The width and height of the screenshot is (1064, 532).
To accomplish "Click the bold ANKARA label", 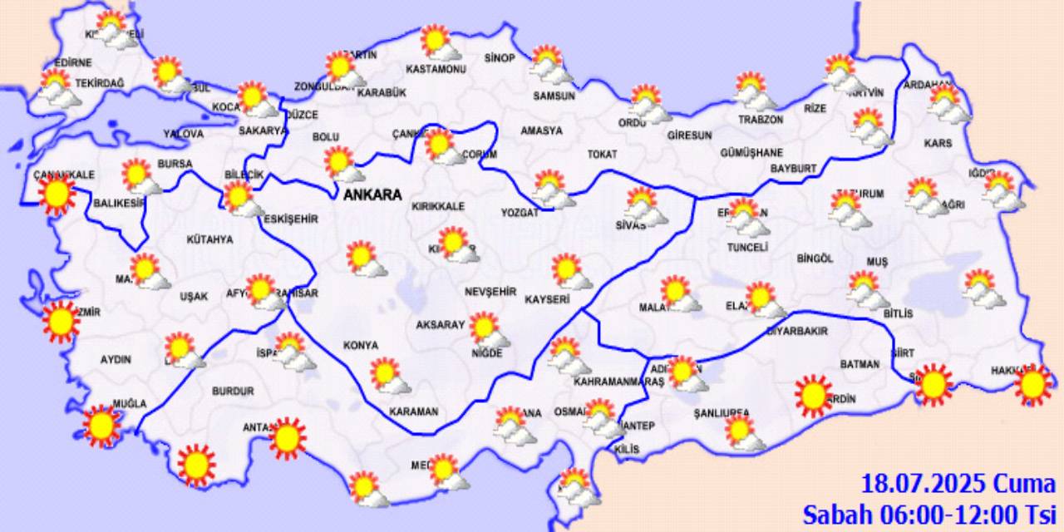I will [372, 195].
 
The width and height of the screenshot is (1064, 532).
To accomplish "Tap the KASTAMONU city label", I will [436, 69].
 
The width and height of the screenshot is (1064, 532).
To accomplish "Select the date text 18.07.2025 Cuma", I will [958, 484].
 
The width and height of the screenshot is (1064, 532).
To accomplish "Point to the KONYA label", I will [361, 345].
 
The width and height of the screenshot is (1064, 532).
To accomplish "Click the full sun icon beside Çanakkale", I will [57, 195].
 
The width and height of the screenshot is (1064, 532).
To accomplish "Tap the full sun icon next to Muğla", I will [102, 426].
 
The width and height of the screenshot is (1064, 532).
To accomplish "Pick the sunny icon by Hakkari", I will [1032, 384].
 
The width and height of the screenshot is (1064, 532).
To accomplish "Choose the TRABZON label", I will [761, 120].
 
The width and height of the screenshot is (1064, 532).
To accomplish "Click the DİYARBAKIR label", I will [796, 331].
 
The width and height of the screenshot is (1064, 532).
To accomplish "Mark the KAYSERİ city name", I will [546, 299].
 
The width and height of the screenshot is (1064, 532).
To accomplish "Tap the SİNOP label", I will [500, 58].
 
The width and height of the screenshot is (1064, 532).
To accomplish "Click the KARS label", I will [938, 144].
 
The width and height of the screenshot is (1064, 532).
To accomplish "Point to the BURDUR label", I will [233, 391].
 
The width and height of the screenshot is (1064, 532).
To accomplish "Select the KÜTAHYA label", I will [209, 239].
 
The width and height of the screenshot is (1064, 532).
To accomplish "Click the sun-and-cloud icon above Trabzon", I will [755, 91].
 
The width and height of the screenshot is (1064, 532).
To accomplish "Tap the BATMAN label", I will [860, 364].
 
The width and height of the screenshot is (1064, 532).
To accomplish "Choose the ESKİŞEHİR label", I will [290, 219].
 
